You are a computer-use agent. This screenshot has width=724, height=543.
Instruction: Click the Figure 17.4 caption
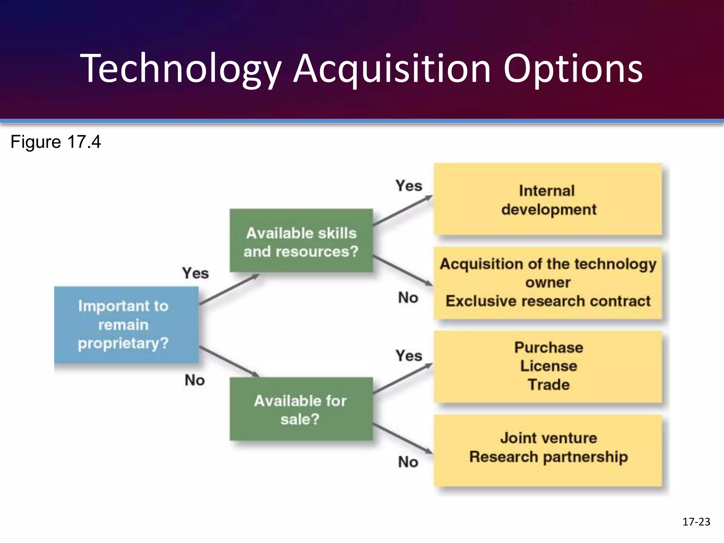click(56, 142)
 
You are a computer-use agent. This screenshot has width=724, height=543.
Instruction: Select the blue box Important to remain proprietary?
click(126, 325)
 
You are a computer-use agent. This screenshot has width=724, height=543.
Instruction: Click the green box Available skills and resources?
click(301, 241)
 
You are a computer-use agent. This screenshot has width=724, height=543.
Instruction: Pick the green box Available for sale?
click(301, 409)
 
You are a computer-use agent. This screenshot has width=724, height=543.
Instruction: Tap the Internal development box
click(548, 200)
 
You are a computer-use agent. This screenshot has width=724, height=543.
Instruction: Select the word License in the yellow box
click(548, 366)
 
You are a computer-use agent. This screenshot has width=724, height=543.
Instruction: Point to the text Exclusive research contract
click(548, 301)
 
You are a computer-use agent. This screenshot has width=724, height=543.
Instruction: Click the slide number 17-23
click(696, 522)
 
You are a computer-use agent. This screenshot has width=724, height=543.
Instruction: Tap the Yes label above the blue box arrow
click(195, 273)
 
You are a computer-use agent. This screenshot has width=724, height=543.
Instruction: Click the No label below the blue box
click(194, 380)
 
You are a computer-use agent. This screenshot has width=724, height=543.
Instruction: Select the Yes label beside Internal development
click(409, 186)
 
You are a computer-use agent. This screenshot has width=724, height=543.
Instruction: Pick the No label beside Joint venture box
click(408, 462)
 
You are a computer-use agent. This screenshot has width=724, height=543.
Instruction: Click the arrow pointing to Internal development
click(403, 210)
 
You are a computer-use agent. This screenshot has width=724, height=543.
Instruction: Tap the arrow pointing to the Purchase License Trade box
click(403, 378)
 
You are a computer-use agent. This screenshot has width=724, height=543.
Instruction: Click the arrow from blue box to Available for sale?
click(229, 362)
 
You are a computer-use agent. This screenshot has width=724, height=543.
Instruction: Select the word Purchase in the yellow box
click(548, 348)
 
